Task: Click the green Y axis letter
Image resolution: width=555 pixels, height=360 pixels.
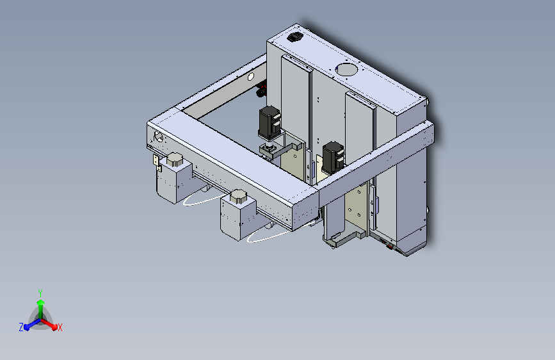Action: (x=40, y=293)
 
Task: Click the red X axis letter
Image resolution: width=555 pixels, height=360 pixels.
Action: (x=60, y=328)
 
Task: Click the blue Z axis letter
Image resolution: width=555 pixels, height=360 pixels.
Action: (x=21, y=327)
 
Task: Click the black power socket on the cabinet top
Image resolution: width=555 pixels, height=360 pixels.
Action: (x=294, y=37)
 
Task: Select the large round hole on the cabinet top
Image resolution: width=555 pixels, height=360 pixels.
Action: (x=346, y=69)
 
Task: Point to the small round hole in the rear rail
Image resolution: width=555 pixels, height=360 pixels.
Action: (x=250, y=76)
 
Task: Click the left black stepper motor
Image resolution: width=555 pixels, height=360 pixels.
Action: (x=270, y=122)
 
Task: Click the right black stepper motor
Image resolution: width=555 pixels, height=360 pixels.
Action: (x=333, y=158)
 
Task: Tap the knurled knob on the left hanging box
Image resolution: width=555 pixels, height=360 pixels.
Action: (x=175, y=160)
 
